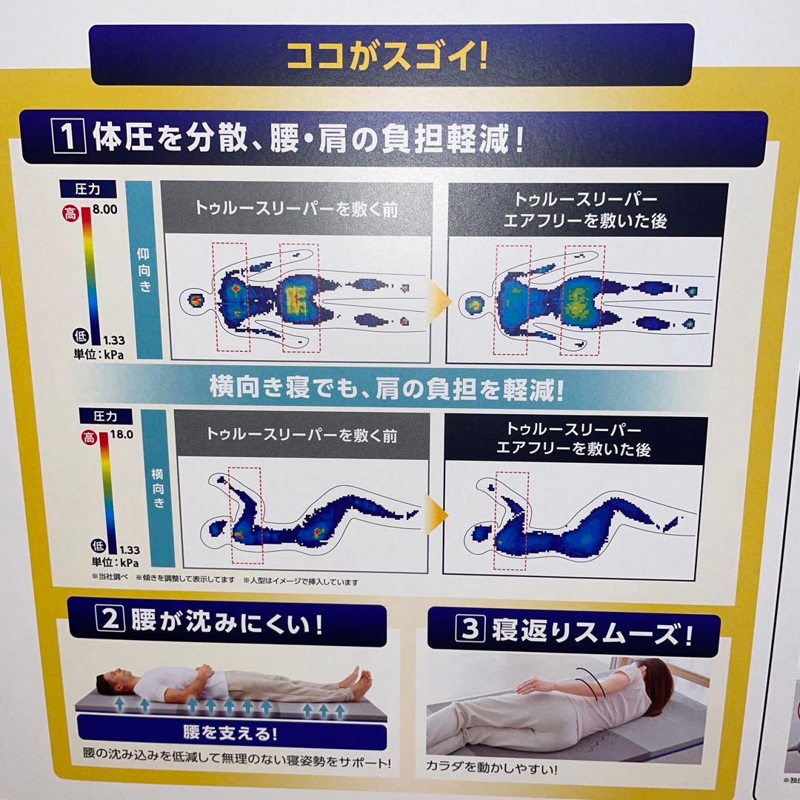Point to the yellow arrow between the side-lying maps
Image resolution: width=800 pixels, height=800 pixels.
[436, 513]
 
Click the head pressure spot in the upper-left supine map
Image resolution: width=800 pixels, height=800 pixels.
[196, 300]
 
